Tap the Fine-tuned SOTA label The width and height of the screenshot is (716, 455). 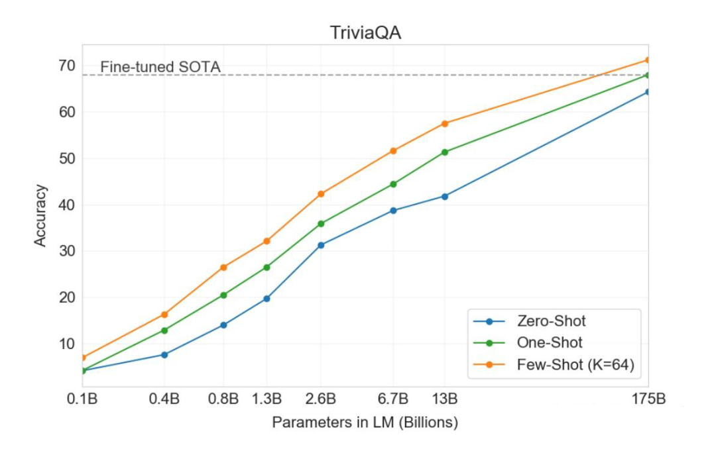(x=160, y=67)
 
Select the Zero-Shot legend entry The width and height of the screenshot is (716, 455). (x=551, y=322)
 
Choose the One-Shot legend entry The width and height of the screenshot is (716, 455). (x=550, y=342)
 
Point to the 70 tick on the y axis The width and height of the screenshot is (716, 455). (x=67, y=66)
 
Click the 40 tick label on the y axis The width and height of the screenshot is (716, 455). (x=67, y=205)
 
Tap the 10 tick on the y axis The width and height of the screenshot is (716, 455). (x=67, y=343)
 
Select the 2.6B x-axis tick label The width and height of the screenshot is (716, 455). (x=321, y=400)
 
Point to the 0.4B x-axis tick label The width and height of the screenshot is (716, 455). (x=164, y=400)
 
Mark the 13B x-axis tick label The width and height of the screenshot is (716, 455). (x=444, y=400)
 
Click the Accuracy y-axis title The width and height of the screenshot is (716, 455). (x=41, y=216)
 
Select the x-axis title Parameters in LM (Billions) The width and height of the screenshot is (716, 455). (x=365, y=423)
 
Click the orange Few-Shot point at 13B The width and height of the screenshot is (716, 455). (x=445, y=124)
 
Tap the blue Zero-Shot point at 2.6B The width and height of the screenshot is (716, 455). (x=322, y=245)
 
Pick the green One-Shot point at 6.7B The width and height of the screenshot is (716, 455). (x=393, y=184)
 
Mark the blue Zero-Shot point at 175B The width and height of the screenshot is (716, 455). (x=648, y=92)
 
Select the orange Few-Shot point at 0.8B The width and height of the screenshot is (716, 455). (x=223, y=268)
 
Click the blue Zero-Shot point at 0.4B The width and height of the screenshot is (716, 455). (x=164, y=355)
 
